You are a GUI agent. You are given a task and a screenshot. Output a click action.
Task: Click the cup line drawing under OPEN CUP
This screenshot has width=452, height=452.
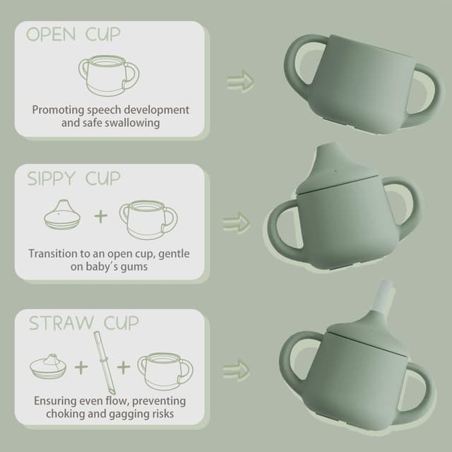(x=107, y=76)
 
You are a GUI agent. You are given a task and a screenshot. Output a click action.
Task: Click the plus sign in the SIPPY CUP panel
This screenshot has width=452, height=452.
(x=100, y=215)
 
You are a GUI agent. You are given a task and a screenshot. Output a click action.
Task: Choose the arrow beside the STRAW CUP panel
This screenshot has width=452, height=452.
(x=234, y=369)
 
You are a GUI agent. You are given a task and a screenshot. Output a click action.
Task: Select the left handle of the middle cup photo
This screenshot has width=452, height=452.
(x=280, y=227)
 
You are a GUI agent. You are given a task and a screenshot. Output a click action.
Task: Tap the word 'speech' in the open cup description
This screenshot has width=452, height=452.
(x=114, y=110)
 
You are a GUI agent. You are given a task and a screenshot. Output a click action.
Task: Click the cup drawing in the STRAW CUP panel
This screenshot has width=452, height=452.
(x=163, y=369)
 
